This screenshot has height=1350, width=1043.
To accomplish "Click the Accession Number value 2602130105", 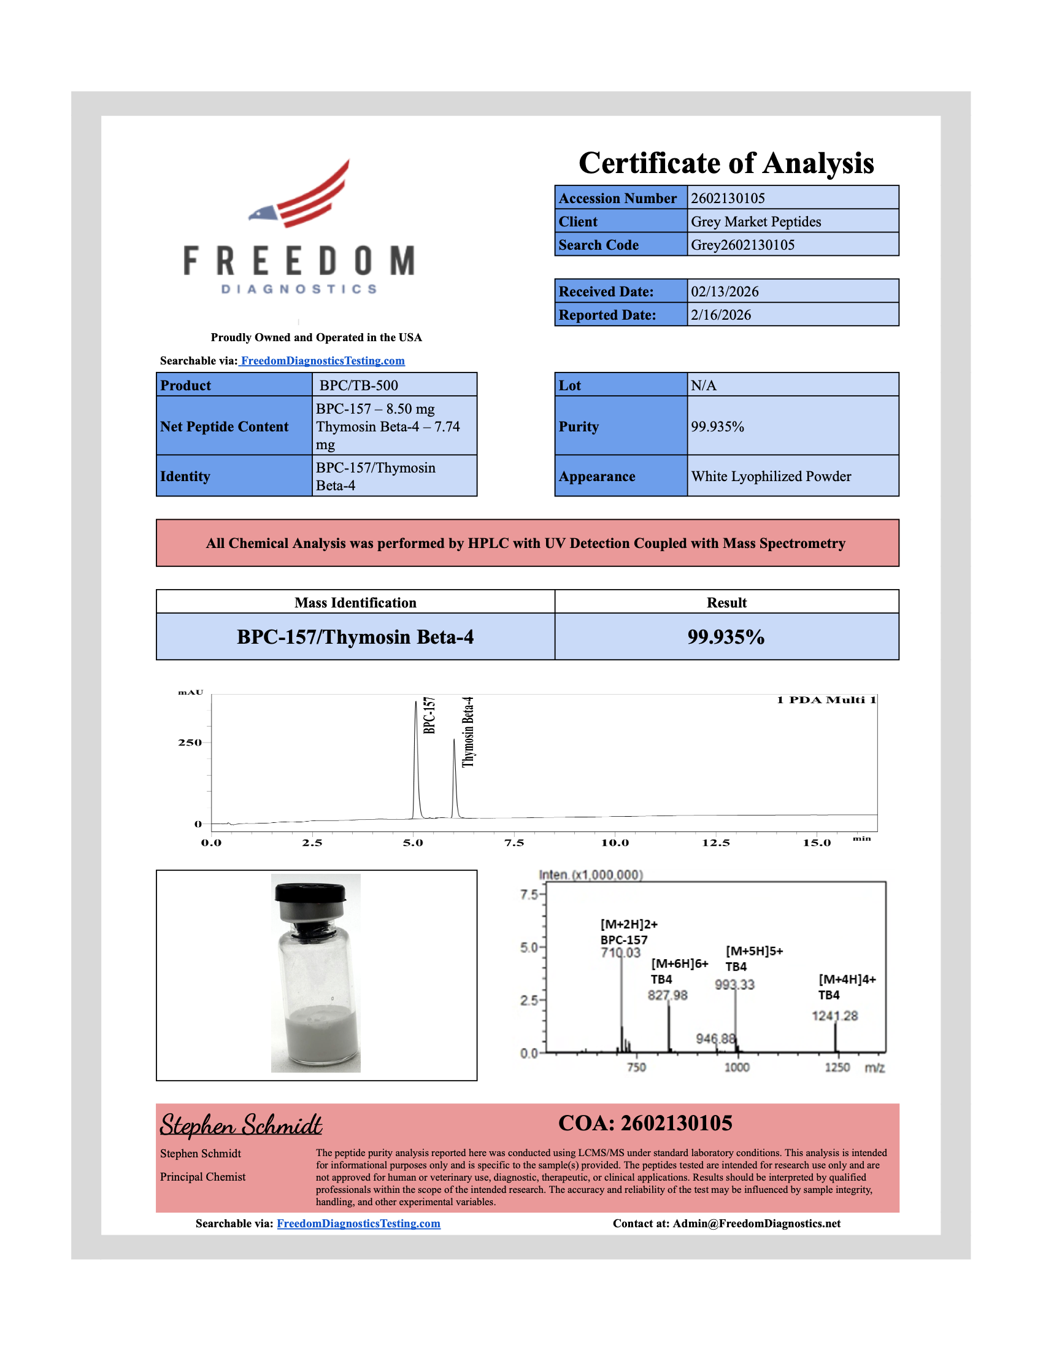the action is click(727, 198).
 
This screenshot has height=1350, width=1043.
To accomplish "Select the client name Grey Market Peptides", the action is click(756, 222).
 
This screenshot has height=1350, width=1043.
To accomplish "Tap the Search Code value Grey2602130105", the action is click(742, 245).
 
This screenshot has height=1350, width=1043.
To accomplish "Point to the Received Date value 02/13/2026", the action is click(724, 291).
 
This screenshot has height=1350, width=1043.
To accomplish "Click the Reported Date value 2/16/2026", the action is click(720, 315).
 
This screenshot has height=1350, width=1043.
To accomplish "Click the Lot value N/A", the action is click(703, 386).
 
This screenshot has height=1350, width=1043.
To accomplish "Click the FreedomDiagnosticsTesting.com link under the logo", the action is click(323, 361).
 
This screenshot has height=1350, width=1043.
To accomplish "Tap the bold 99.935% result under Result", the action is click(726, 638).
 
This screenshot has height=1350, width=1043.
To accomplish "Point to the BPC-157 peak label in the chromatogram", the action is click(429, 715).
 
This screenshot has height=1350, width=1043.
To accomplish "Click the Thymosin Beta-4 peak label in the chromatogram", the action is click(468, 732).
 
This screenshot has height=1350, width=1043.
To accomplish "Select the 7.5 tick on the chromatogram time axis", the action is click(514, 843).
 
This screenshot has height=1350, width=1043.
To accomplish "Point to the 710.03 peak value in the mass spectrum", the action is click(620, 952).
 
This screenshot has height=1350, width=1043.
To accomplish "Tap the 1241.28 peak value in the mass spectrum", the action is click(835, 1016).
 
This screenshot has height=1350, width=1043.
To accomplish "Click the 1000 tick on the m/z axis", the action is click(736, 1068).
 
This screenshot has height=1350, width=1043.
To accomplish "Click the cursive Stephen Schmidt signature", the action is click(241, 1124).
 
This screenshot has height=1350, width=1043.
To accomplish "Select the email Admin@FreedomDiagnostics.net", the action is click(756, 1224).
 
